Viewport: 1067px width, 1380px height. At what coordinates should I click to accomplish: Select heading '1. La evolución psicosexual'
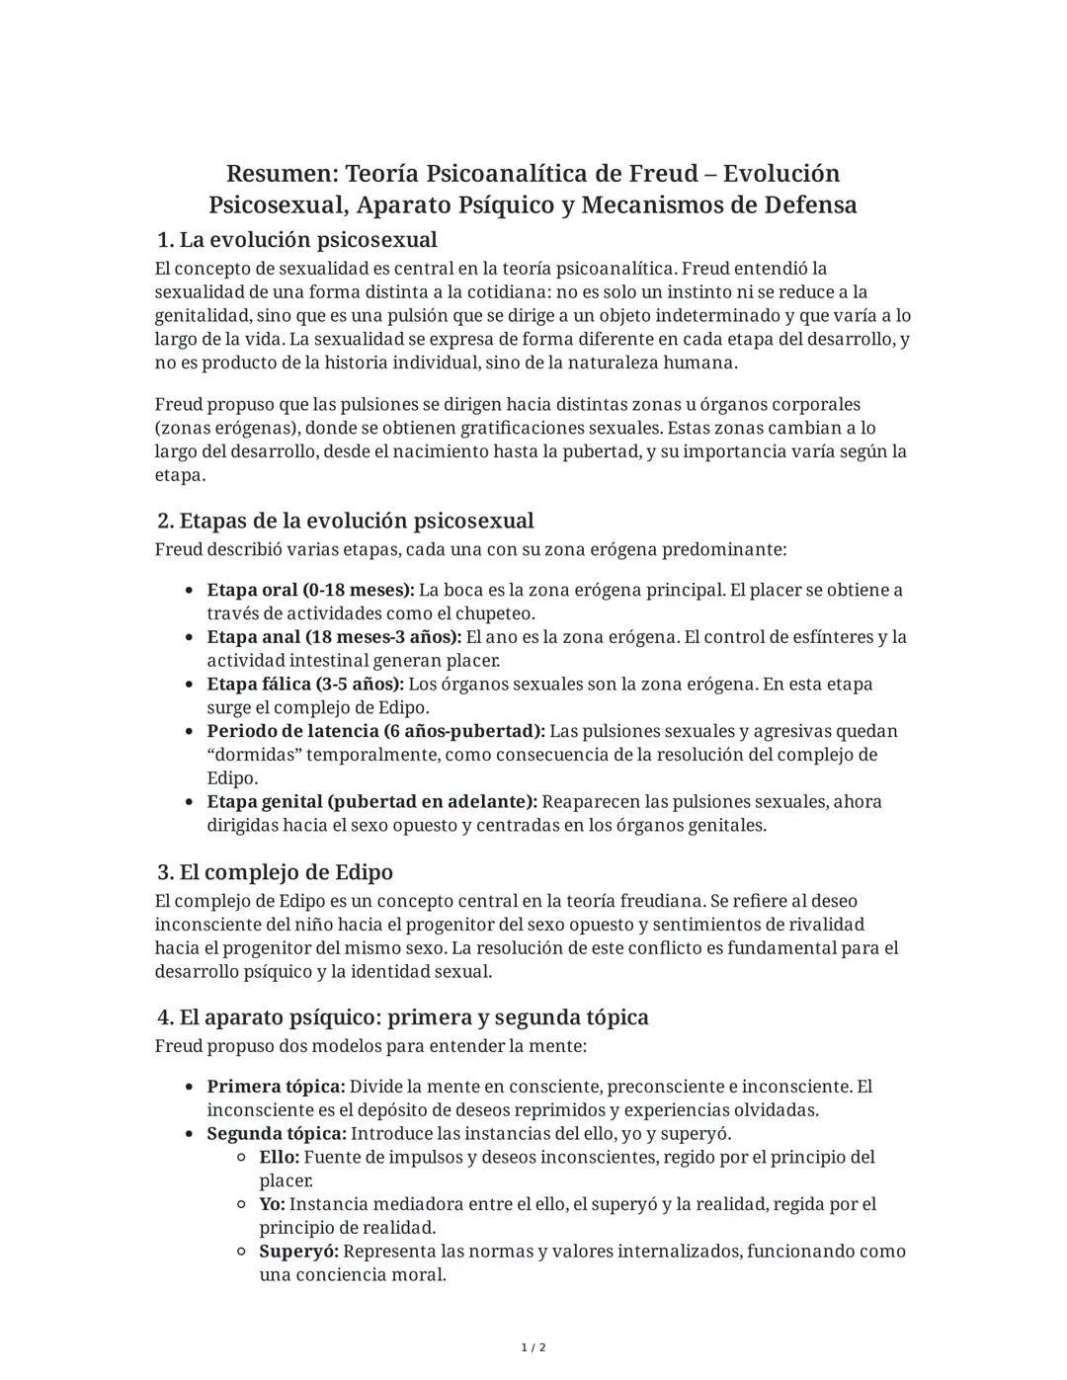[x=297, y=240]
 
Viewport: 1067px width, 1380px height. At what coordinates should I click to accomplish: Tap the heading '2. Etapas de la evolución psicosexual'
[x=346, y=521]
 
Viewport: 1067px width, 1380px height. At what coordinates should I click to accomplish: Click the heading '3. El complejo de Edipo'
[x=276, y=872]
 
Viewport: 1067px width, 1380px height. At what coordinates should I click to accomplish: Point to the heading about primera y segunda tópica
[x=403, y=1017]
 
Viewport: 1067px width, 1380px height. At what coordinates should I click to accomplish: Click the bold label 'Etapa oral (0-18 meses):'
[x=310, y=591]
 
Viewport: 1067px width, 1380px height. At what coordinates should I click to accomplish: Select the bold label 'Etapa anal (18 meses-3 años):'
[x=334, y=637]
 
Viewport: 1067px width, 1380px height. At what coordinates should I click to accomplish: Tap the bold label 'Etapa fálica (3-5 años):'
[x=305, y=685]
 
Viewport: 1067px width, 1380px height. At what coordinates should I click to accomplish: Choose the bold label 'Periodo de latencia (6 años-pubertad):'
[x=375, y=732]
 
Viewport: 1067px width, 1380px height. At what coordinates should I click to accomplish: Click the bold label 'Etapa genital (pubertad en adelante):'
[x=371, y=802]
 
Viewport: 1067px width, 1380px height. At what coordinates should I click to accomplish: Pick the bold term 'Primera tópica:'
[x=276, y=1087]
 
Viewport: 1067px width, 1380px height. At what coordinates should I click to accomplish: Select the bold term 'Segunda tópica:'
[x=277, y=1134]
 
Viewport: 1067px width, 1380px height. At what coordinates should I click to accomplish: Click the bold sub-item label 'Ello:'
[x=279, y=1157]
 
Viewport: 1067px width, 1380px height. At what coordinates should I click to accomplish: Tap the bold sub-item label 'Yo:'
[x=272, y=1204]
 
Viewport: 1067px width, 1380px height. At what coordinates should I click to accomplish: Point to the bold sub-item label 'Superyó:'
[x=298, y=1252]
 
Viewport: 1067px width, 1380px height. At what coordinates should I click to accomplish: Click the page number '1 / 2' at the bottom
[x=533, y=1348]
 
